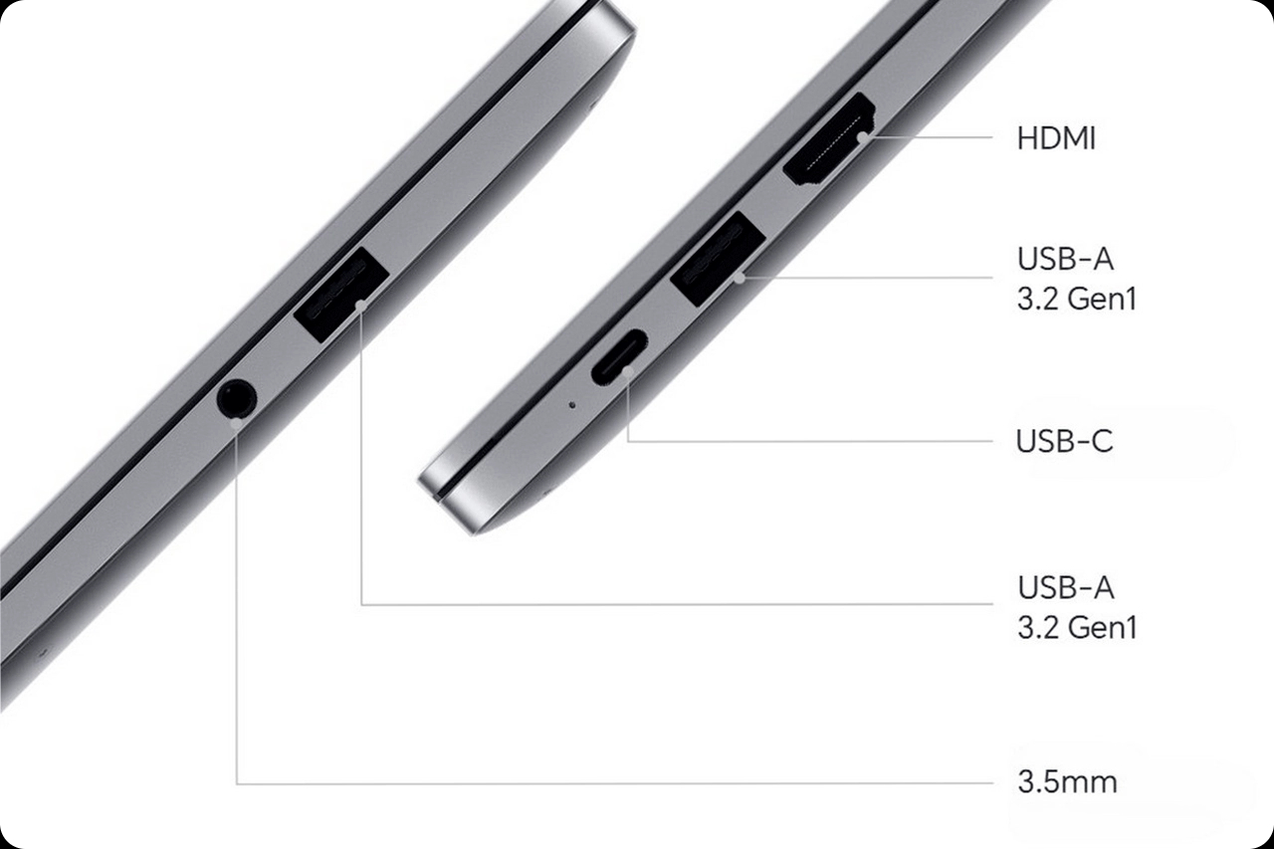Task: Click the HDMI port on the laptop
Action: [830, 140]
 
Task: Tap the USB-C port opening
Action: [619, 356]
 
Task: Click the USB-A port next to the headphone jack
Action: [341, 294]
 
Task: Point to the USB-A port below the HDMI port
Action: [718, 258]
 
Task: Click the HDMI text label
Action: [1056, 138]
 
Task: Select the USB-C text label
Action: [1064, 441]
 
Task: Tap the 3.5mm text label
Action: [1067, 782]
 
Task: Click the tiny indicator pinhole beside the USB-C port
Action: [572, 405]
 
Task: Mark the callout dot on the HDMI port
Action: [863, 137]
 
